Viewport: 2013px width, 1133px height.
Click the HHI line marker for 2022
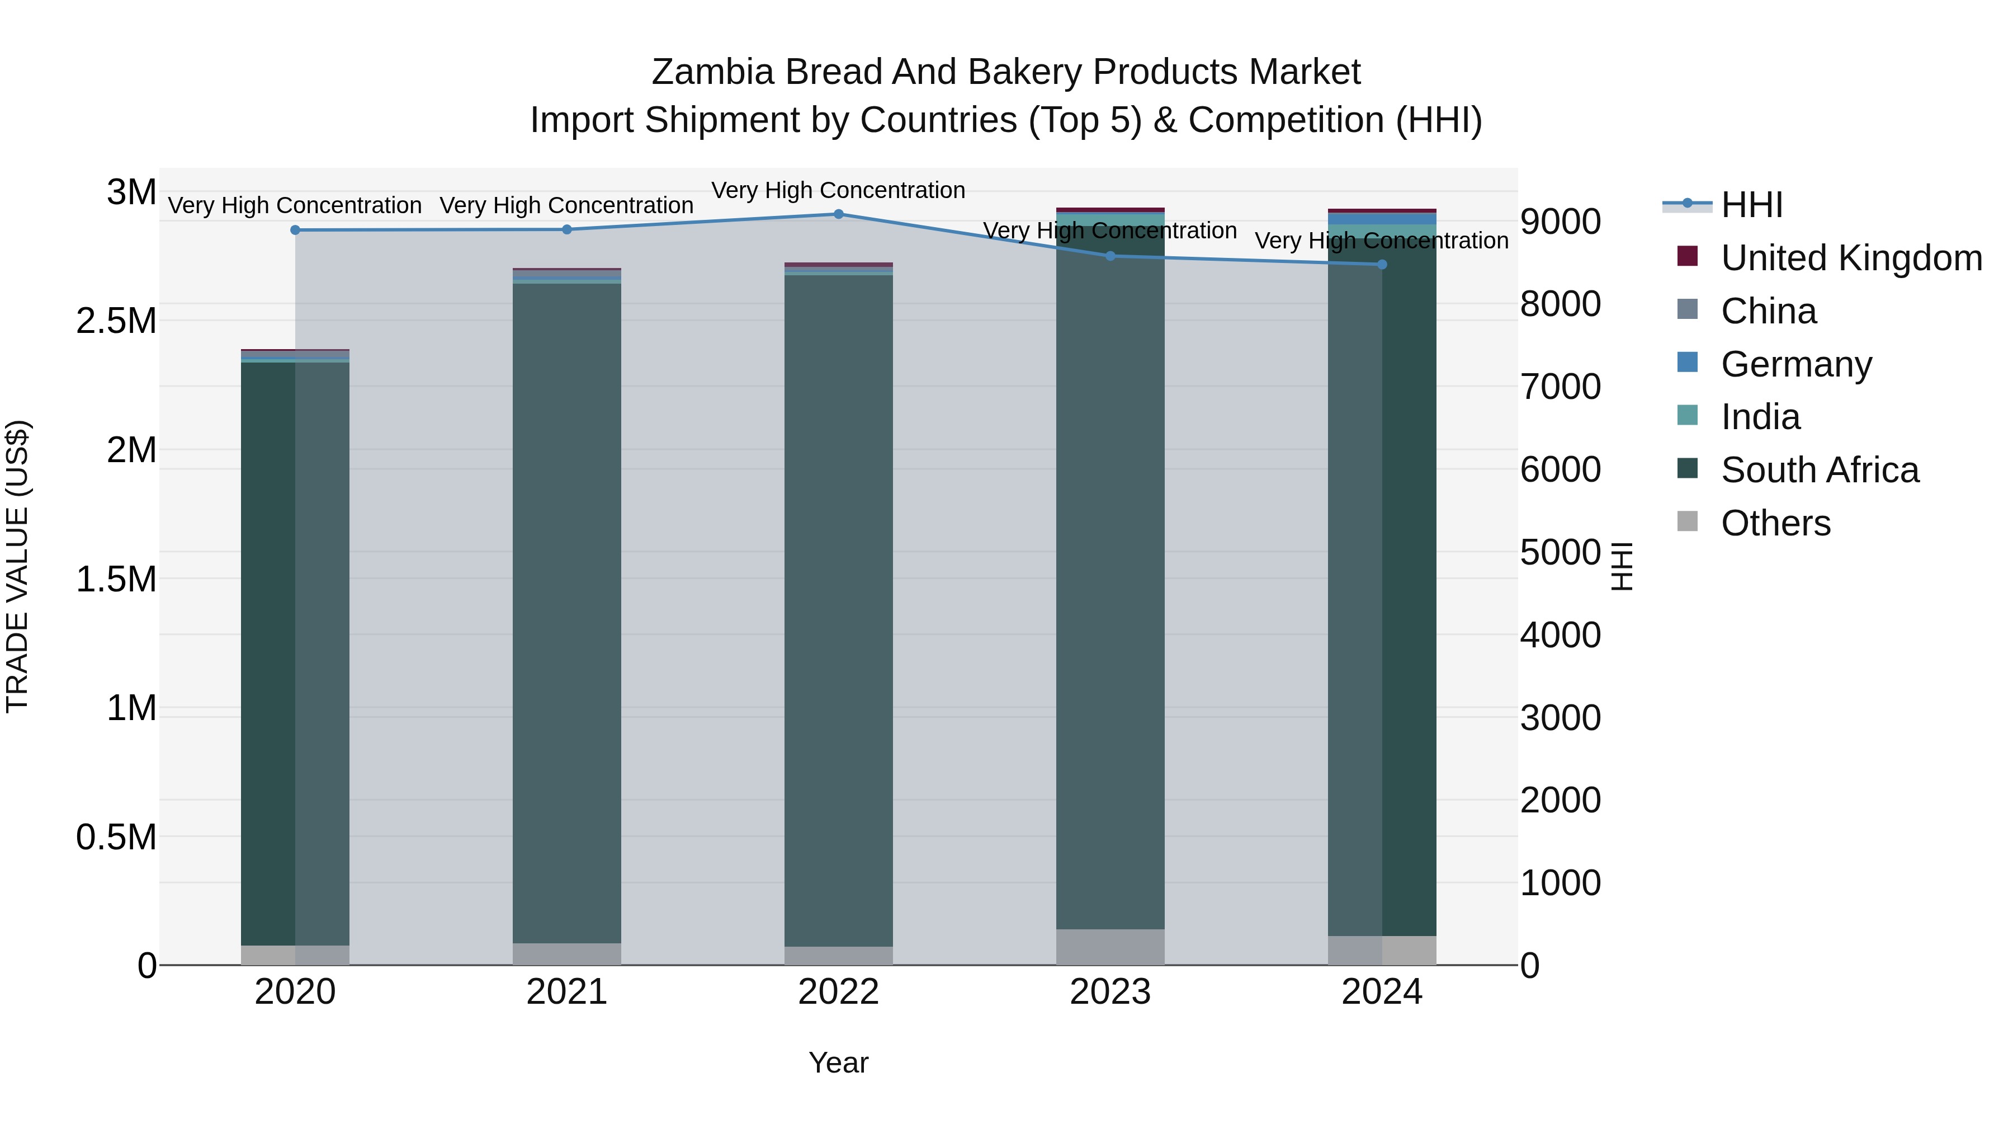(839, 214)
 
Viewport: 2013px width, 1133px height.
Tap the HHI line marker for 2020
(295, 230)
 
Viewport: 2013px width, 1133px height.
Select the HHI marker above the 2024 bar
(1382, 264)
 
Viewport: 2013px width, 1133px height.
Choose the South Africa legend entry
(1819, 470)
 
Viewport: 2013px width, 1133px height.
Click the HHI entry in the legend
(1751, 205)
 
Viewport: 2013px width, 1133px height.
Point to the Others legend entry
(1775, 523)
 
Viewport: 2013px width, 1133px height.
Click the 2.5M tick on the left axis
(116, 321)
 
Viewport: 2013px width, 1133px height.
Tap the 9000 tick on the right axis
(1560, 221)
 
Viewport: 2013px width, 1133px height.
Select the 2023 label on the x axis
(1109, 992)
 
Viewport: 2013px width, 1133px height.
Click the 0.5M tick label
(116, 838)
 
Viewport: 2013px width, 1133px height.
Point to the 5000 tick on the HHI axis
(1560, 552)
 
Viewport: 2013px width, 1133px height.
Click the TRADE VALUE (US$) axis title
(17, 566)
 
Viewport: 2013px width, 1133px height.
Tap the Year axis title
(839, 1063)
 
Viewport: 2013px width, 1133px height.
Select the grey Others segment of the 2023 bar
(1109, 947)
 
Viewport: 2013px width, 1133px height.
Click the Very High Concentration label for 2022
(839, 190)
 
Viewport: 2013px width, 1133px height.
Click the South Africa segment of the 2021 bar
(566, 610)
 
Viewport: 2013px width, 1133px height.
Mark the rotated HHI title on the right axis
(1622, 566)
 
